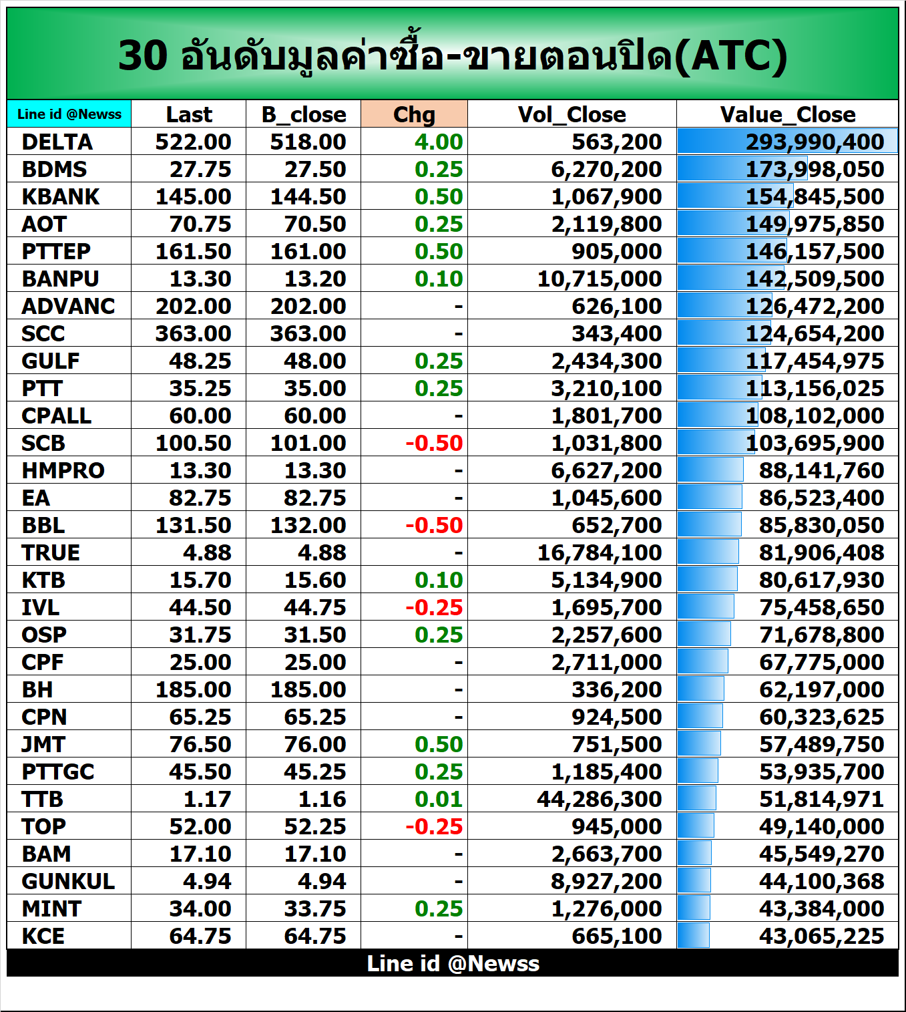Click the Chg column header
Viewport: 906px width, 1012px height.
[x=414, y=114]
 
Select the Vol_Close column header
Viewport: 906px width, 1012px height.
[x=572, y=114]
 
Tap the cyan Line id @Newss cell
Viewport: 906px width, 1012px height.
[x=69, y=114]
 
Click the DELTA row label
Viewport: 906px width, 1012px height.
[x=57, y=142]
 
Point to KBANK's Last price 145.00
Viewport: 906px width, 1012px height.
[x=193, y=196]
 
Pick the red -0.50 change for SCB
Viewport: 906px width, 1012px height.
[x=434, y=443]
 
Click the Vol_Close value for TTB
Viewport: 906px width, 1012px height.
[x=599, y=799]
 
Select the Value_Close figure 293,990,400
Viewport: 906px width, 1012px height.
[x=815, y=142]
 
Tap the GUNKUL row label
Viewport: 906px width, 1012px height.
[x=68, y=881]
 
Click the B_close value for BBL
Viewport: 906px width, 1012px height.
[x=308, y=525]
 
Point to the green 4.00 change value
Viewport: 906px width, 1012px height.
[x=438, y=142]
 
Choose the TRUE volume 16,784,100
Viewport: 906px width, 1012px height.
[x=599, y=552]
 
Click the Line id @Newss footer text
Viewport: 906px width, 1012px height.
[x=453, y=963]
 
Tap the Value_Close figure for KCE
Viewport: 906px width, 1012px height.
[x=821, y=936]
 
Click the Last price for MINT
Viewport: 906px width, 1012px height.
[x=200, y=908]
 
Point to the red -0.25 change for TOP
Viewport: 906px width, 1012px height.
[x=434, y=826]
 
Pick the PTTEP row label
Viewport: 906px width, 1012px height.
[x=56, y=251]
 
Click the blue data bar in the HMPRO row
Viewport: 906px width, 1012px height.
[x=710, y=470]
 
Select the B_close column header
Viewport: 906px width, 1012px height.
[x=304, y=114]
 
